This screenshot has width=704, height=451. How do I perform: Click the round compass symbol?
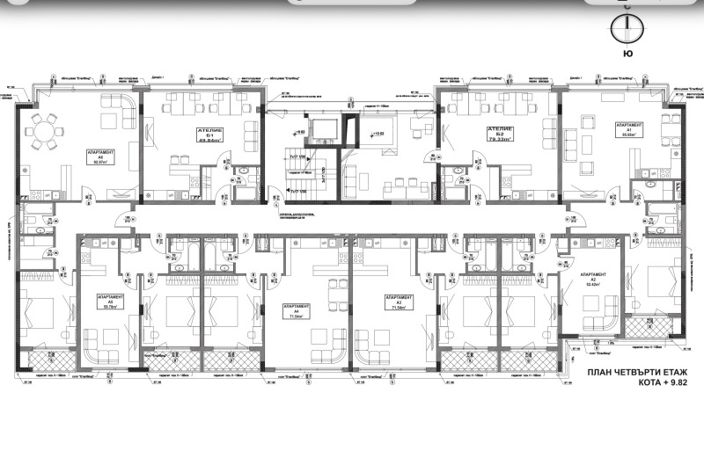(627, 25)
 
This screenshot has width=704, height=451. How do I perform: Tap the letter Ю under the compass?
(627, 55)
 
